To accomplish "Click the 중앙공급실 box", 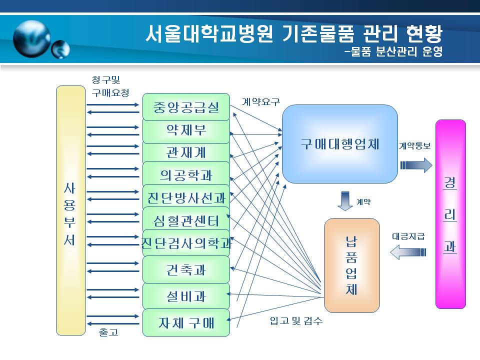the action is pyautogui.click(x=186, y=107).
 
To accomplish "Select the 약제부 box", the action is pyautogui.click(x=186, y=130).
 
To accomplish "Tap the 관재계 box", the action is pyautogui.click(x=186, y=152).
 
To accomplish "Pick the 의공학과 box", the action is pyautogui.click(x=186, y=174).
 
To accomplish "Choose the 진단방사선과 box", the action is pyautogui.click(x=186, y=197).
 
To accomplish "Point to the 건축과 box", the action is pyautogui.click(x=186, y=269).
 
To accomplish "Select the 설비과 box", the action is pyautogui.click(x=186, y=296).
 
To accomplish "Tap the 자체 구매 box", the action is pyautogui.click(x=186, y=322).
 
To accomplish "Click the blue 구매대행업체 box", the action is pyautogui.click(x=340, y=144).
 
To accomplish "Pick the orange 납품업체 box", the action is pyautogui.click(x=351, y=265).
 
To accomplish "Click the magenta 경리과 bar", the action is pyautogui.click(x=450, y=214).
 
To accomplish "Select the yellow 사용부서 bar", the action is pyautogui.click(x=70, y=210).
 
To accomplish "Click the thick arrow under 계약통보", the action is pyautogui.click(x=416, y=165).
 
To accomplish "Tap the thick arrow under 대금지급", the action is pyautogui.click(x=408, y=252).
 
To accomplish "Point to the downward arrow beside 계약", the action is pyautogui.click(x=345, y=201).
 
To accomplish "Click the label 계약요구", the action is pyautogui.click(x=261, y=101).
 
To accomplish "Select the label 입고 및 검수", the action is pyautogui.click(x=296, y=320).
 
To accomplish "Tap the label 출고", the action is pyautogui.click(x=108, y=332).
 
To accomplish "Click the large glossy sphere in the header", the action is pyautogui.click(x=32, y=39).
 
